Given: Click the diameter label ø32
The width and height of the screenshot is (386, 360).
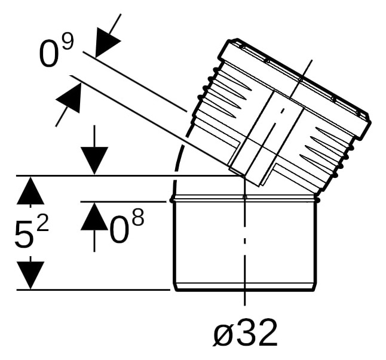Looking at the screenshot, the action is point(245,333).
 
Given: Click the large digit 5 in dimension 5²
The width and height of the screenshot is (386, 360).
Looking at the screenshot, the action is point(24,234).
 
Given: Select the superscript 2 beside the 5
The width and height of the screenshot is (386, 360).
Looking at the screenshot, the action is point(42,222).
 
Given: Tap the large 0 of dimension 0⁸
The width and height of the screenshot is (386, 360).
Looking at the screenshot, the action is point(119,229).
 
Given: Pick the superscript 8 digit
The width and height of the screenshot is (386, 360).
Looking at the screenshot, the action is point(137,217).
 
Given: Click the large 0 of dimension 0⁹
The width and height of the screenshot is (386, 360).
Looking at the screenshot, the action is point(50,54).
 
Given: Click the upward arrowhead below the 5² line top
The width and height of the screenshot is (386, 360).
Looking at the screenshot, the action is point(30,190).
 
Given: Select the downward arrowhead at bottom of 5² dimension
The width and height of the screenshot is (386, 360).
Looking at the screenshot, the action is point(30,275).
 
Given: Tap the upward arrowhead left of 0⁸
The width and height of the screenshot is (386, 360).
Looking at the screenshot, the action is point(94,216).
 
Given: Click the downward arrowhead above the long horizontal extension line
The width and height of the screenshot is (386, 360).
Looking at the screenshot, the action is point(94,161).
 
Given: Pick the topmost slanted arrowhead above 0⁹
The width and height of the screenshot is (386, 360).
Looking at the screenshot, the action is point(106,41).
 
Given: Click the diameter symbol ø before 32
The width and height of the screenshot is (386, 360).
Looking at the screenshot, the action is point(222,334).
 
